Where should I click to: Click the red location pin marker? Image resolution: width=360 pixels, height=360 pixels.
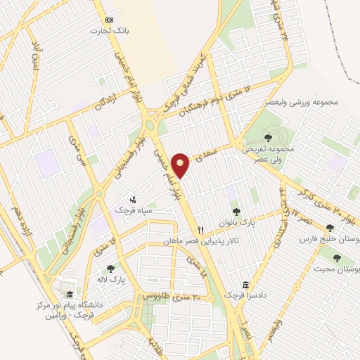(181, 165)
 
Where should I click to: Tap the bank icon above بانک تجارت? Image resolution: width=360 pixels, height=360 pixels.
(108, 20)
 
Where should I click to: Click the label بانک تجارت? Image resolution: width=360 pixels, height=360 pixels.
(108, 31)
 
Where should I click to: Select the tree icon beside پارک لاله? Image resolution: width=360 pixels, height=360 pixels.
(110, 268)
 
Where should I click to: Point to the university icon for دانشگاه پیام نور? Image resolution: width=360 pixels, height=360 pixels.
(69, 294)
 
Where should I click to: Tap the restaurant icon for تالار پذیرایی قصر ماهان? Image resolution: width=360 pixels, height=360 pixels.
(200, 229)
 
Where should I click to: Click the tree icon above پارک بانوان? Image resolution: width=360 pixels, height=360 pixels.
(236, 210)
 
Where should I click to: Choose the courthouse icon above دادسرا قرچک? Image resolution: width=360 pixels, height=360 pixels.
(246, 285)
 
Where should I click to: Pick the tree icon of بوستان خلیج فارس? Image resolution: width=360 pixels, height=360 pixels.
(330, 228)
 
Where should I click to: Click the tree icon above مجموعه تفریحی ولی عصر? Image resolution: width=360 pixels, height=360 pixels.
(268, 138)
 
